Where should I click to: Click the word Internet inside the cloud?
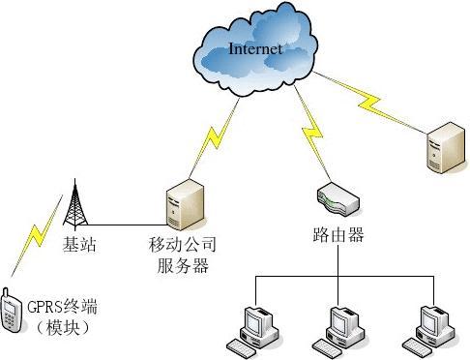point(255,48)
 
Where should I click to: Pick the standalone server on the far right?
point(442,144)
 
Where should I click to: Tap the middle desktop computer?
point(341,328)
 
